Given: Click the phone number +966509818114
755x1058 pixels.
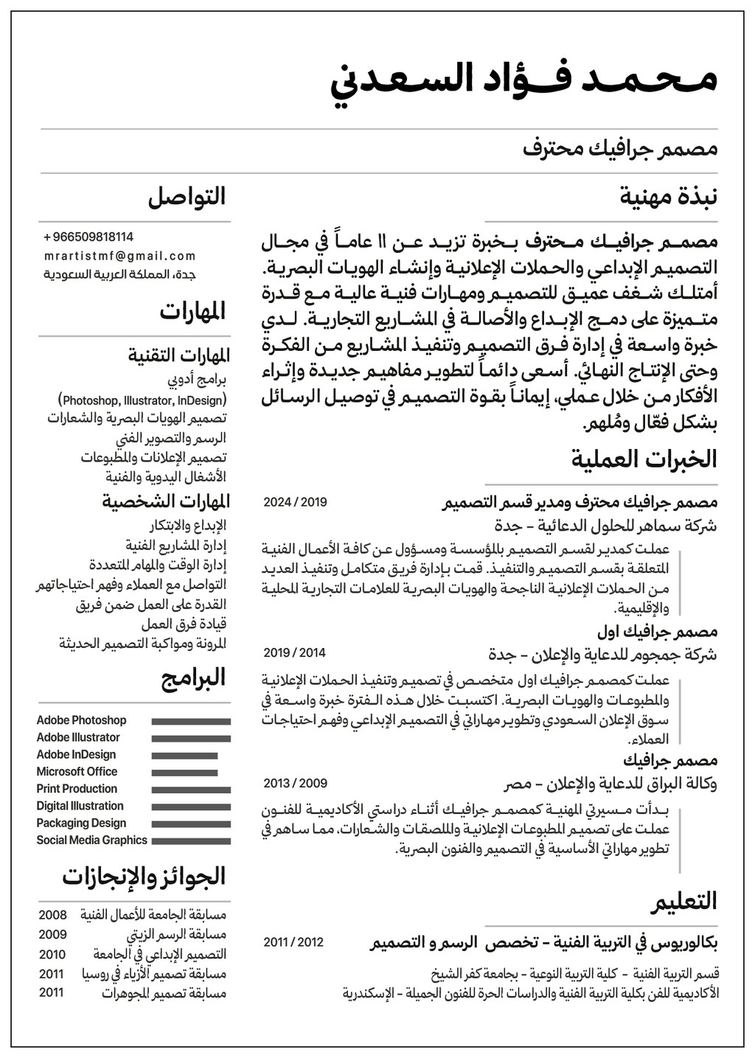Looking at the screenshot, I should (x=89, y=237).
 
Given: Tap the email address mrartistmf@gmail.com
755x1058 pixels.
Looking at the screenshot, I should (x=120, y=257).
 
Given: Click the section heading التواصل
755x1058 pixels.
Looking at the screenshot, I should (x=187, y=197).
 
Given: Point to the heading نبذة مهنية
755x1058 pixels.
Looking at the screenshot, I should (x=669, y=197).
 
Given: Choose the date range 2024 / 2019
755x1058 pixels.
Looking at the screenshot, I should (x=295, y=503).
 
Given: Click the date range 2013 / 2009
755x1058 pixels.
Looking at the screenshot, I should (x=295, y=783).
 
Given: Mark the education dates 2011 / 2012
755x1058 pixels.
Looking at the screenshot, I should (x=293, y=942).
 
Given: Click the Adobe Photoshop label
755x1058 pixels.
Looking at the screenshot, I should (x=81, y=720).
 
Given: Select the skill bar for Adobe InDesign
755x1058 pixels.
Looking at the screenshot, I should (x=184, y=756).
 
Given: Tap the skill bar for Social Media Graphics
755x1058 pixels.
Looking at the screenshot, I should (x=191, y=841).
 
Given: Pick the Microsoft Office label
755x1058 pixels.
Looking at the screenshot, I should (x=77, y=772).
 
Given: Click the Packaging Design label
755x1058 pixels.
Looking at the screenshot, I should (x=81, y=823).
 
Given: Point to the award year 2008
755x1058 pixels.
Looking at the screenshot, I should (x=52, y=915).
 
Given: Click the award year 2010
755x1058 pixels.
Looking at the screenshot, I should (x=52, y=955).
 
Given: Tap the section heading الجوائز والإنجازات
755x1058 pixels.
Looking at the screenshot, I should (x=144, y=877).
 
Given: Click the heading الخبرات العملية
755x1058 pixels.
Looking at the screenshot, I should (x=644, y=459).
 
